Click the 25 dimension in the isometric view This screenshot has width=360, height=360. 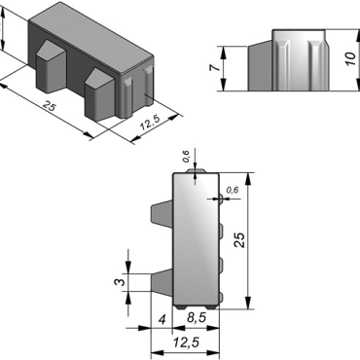[x=49, y=106]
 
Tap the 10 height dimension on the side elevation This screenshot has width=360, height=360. [x=350, y=59]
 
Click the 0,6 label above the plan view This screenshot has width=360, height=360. [x=186, y=157]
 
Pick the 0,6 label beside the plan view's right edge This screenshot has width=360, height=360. [x=233, y=190]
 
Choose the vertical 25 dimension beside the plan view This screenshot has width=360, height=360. [x=240, y=240]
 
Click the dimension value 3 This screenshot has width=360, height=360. [x=120, y=282]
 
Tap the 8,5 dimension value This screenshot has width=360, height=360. [x=197, y=318]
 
